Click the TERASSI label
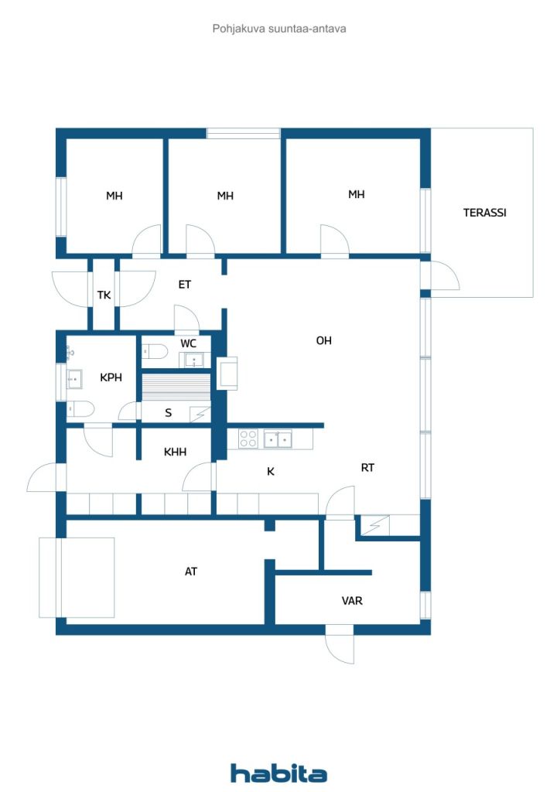[484, 213]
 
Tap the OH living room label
[323, 340]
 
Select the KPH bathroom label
[111, 377]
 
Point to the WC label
[189, 343]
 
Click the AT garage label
[190, 572]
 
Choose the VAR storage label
[352, 600]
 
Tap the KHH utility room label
[176, 452]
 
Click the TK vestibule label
[104, 295]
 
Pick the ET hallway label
[184, 285]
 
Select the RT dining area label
[367, 468]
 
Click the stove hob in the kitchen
[248, 439]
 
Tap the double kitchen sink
[278, 439]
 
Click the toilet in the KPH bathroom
[80, 409]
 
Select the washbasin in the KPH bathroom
[74, 379]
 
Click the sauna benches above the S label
[176, 387]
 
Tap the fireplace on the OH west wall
[227, 374]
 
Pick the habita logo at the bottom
[278, 773]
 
